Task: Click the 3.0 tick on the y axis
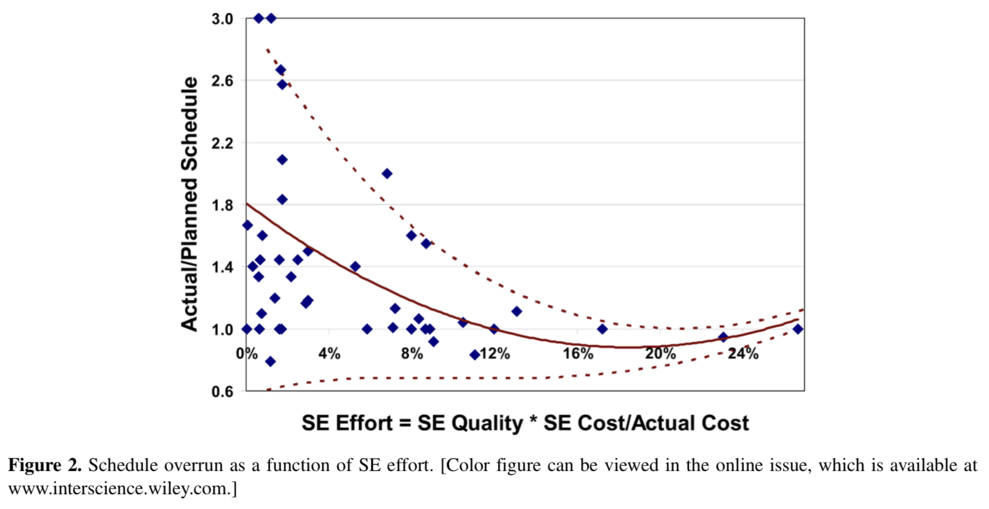point(222,19)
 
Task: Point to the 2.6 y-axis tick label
point(222,81)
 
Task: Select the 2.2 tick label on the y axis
point(222,143)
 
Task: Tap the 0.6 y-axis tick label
point(222,391)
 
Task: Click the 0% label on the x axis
point(247,354)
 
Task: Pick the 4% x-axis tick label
point(329,354)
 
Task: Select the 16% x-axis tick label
point(578,354)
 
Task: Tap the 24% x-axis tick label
point(743,354)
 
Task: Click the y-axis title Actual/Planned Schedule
point(190,204)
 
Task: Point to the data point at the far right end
point(798,329)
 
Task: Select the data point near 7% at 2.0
point(387,174)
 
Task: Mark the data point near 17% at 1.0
point(602,329)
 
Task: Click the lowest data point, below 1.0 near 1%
point(270,361)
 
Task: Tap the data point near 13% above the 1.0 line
point(516,312)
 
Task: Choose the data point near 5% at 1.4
point(355,266)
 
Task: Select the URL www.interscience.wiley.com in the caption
point(119,488)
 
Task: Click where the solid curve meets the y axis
point(247,204)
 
